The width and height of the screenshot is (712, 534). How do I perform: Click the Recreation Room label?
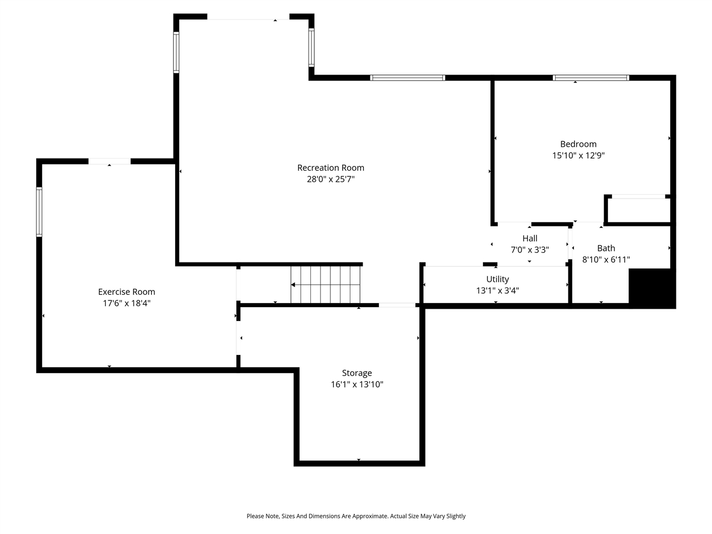[330, 167]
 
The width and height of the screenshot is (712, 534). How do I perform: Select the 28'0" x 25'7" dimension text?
[330, 179]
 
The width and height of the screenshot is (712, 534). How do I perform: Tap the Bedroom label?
[578, 144]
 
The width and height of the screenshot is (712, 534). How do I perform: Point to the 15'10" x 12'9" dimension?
[578, 156]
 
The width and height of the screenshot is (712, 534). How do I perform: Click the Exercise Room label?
[126, 291]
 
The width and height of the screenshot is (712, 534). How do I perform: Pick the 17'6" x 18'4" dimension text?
[126, 303]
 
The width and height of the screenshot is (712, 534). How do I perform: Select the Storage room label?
[357, 373]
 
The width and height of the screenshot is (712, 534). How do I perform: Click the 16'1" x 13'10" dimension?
[357, 384]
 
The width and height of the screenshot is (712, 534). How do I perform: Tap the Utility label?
[497, 279]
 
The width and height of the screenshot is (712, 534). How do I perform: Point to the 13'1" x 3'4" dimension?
[497, 290]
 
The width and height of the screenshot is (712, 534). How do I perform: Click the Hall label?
[530, 239]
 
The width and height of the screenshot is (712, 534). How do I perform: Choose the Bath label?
[606, 248]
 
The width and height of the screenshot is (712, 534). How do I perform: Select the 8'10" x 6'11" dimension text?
[606, 260]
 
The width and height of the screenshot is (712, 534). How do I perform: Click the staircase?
[326, 285]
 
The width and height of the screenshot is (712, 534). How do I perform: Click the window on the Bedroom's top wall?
[591, 78]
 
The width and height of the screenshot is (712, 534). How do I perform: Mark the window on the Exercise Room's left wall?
[39, 212]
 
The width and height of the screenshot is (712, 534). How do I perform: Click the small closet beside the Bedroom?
[639, 210]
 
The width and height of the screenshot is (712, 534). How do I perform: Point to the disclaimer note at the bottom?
[356, 516]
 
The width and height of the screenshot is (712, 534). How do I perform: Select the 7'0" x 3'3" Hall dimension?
[530, 250]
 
